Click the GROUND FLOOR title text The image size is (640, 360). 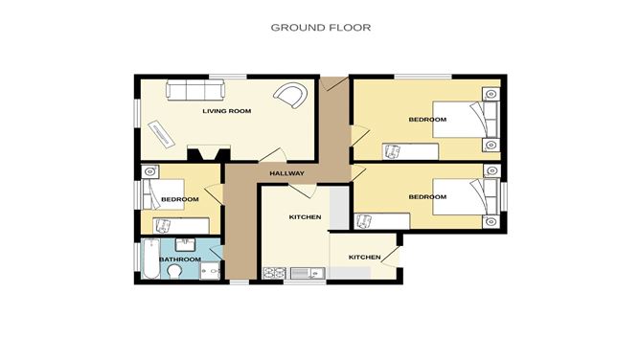coord(320,28)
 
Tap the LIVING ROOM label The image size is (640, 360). coord(226,111)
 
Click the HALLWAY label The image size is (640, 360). coord(286,173)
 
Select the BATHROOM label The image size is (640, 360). coord(179,259)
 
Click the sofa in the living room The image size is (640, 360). coord(195,91)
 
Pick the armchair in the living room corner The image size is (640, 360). coord(290,95)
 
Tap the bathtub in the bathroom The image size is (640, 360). coord(150,259)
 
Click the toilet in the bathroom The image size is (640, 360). coord(174,274)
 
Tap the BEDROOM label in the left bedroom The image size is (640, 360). coord(179,199)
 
